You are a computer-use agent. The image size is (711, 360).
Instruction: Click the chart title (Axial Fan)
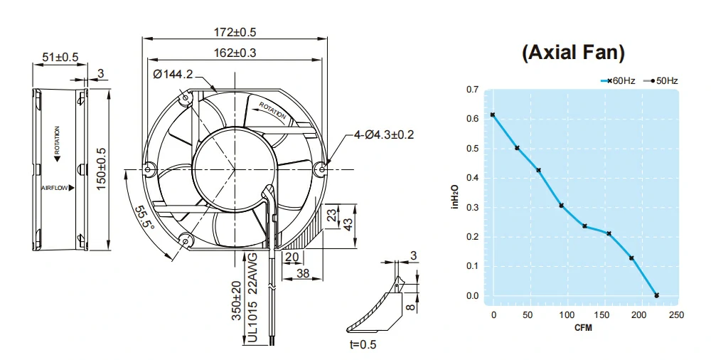coord(573,53)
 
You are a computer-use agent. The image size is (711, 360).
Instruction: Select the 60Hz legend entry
coord(618,81)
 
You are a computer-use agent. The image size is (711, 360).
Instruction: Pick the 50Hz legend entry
coord(661,81)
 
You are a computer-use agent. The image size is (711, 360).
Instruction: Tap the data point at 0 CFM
coord(493,115)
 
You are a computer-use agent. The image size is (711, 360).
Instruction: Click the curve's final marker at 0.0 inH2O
coord(656,295)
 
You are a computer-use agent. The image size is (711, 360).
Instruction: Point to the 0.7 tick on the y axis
coord(473,90)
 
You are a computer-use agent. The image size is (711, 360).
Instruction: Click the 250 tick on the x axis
coord(676,315)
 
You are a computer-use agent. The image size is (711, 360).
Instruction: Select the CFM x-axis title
coord(583,327)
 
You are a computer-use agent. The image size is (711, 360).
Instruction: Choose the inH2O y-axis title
coord(455,196)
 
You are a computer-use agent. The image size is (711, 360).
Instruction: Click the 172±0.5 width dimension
coord(235,32)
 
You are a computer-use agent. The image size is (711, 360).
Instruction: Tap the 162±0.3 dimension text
coord(235,53)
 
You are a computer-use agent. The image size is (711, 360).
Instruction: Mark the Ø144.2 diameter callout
coord(173,74)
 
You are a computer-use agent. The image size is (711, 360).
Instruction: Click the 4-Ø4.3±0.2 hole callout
coord(384,135)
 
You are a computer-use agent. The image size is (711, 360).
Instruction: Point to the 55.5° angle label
coord(145,218)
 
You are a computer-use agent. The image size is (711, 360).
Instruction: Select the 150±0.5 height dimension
coord(101,169)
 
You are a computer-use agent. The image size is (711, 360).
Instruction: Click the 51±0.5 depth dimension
coord(60,57)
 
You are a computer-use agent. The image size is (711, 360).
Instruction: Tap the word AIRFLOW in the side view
coord(55,188)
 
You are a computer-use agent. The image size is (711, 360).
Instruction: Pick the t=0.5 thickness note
coord(363,344)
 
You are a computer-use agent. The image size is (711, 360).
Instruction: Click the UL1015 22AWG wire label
coord(253,297)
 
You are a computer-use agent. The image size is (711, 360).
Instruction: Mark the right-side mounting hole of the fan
coord(322,169)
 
